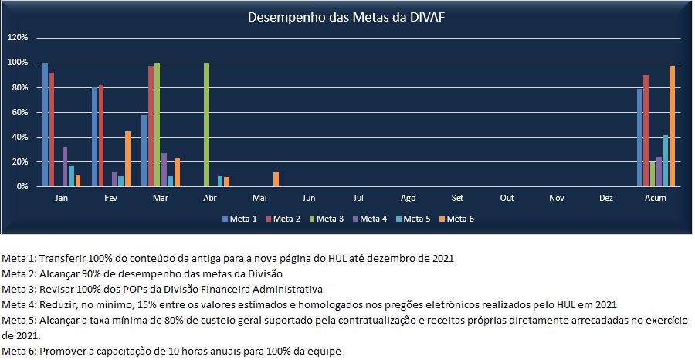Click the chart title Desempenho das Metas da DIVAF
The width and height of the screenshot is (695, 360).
click(345, 17)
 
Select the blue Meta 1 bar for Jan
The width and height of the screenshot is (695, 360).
click(45, 124)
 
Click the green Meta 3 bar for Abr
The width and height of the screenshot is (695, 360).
click(206, 124)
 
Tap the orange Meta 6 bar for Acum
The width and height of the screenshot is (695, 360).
click(672, 127)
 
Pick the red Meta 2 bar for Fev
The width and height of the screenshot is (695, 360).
click(101, 135)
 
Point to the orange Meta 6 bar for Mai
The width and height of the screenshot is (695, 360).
click(276, 179)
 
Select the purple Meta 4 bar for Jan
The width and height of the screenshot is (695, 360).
click(65, 166)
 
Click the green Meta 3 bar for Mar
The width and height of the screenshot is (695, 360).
click(157, 124)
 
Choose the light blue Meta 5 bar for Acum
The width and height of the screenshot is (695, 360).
click(665, 161)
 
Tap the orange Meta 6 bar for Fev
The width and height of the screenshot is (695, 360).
click(127, 158)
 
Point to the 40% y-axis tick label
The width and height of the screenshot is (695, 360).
click(19, 137)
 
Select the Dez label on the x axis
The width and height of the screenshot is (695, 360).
click(606, 199)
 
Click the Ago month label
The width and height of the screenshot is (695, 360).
click(408, 199)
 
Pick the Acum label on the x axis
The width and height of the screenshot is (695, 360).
click(655, 199)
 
